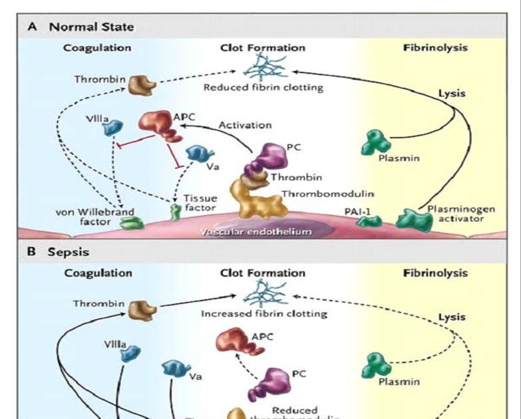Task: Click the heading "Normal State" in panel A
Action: (x=91, y=27)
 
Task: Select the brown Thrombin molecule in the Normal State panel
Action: (x=142, y=84)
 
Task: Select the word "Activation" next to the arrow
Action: (x=245, y=124)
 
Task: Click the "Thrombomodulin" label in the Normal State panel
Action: (x=327, y=194)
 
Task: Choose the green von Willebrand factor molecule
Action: (x=130, y=223)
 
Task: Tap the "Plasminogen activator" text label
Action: (x=452, y=213)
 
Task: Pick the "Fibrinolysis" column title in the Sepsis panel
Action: (x=435, y=273)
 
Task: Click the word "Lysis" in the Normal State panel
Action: (x=452, y=94)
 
